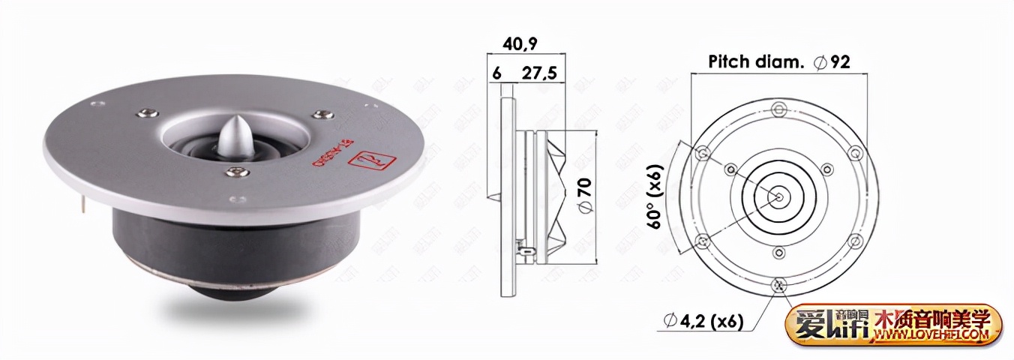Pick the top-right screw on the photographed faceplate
click(322, 114)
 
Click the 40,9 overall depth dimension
click(520, 44)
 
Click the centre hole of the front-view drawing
click(779, 197)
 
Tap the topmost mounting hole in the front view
click(779, 110)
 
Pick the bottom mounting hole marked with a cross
click(779, 284)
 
